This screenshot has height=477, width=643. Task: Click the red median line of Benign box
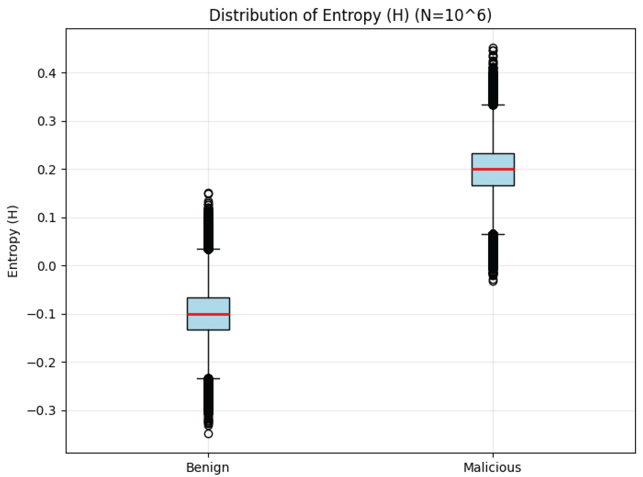click(208, 314)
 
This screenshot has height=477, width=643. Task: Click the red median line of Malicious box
click(493, 169)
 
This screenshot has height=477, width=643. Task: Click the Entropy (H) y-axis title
click(13, 241)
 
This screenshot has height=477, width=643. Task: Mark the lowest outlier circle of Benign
click(208, 434)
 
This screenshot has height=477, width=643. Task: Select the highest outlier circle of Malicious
click(493, 48)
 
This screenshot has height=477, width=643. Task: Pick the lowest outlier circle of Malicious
click(493, 282)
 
